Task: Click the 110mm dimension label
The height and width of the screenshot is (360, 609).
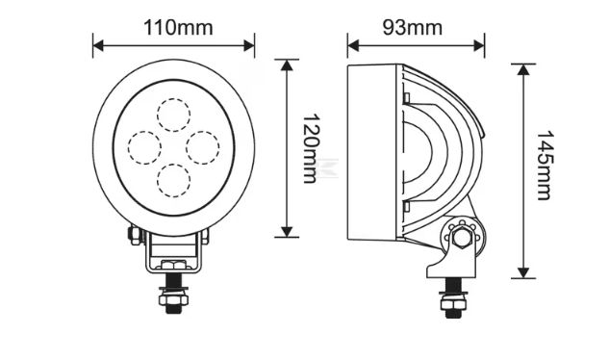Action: (x=178, y=28)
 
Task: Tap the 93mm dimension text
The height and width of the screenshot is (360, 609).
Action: (x=413, y=28)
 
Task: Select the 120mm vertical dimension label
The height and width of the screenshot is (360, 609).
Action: (x=311, y=148)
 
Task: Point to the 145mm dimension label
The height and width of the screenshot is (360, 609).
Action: (x=544, y=166)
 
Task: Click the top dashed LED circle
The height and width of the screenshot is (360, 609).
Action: (x=174, y=115)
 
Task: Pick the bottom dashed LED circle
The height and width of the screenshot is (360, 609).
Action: (x=174, y=180)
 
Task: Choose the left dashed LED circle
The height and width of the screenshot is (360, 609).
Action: (x=144, y=147)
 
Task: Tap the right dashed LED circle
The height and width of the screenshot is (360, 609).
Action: (x=203, y=147)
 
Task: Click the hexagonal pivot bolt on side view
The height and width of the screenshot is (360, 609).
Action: (x=461, y=237)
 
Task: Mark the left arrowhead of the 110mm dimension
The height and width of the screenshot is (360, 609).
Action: (x=98, y=46)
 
